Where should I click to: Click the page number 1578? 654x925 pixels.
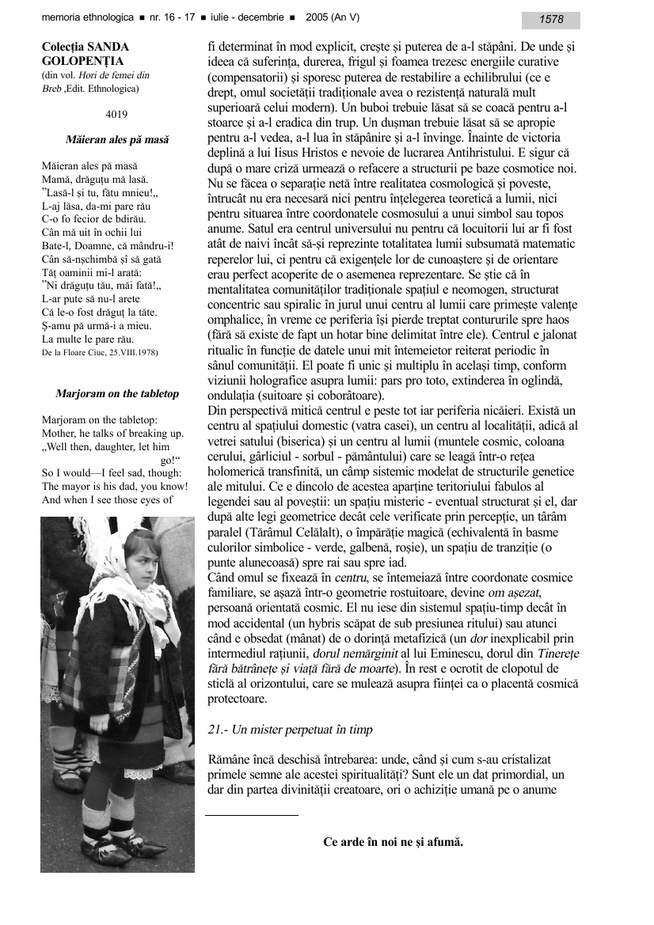[551, 20]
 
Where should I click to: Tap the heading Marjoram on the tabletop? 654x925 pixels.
[117, 393]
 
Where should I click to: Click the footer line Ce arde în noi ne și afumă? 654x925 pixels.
[393, 842]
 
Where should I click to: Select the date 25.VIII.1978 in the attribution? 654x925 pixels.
[131, 352]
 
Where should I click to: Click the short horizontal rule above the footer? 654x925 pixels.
[252, 815]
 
